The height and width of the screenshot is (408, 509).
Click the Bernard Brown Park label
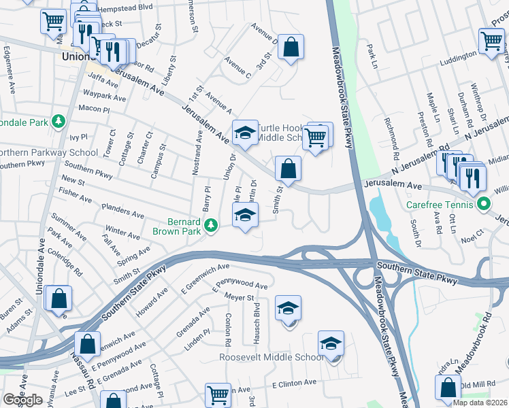(x=184, y=226)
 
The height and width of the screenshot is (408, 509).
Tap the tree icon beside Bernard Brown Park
(x=212, y=224)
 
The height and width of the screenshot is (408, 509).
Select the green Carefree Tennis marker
(x=483, y=203)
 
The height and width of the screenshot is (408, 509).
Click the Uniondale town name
(x=78, y=56)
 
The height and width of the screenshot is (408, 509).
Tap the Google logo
(x=22, y=400)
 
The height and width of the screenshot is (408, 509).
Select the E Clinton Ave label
(x=294, y=383)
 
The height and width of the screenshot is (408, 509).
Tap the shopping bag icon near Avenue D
(x=291, y=48)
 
